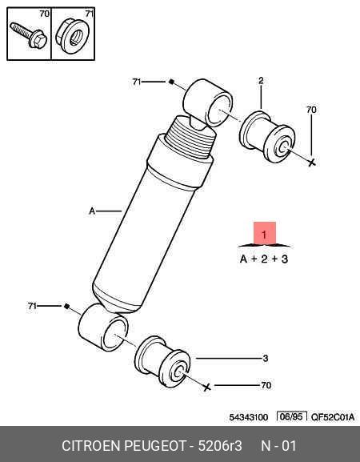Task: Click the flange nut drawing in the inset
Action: pyautogui.click(x=72, y=36)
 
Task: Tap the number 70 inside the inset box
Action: pyautogui.click(x=45, y=14)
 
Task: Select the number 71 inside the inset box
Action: pyautogui.click(x=89, y=14)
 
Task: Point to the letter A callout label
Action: pyautogui.click(x=92, y=211)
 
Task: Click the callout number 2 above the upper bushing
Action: pyautogui.click(x=261, y=80)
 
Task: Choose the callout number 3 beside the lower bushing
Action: pyautogui.click(x=266, y=358)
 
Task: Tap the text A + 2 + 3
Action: pyautogui.click(x=264, y=259)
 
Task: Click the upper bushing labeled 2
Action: pyautogui.click(x=267, y=136)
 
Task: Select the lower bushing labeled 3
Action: pyautogui.click(x=162, y=361)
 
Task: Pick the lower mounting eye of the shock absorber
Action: pyautogui.click(x=103, y=327)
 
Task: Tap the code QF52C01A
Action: pyautogui.click(x=333, y=417)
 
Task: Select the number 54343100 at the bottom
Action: pyautogui.click(x=249, y=417)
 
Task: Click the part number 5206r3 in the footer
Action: pyautogui.click(x=220, y=445)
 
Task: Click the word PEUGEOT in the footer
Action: pyautogui.click(x=155, y=445)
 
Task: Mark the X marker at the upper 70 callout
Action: pyautogui.click(x=312, y=162)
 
